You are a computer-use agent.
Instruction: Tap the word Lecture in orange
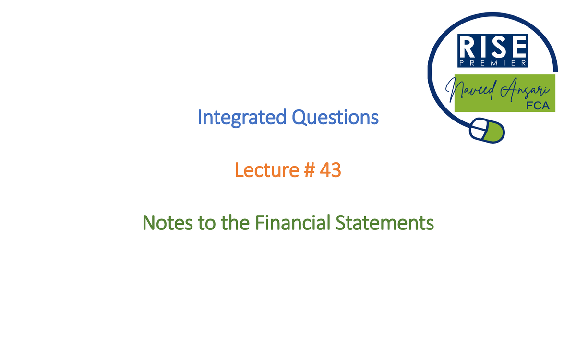point(264,170)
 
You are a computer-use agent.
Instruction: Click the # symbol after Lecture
point(306,170)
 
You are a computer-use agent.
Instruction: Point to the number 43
point(330,170)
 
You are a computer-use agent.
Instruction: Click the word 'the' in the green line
point(235,223)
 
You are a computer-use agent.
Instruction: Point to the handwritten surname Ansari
point(523,90)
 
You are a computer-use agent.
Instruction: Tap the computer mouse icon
point(487,130)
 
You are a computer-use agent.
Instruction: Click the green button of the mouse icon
point(494,132)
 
